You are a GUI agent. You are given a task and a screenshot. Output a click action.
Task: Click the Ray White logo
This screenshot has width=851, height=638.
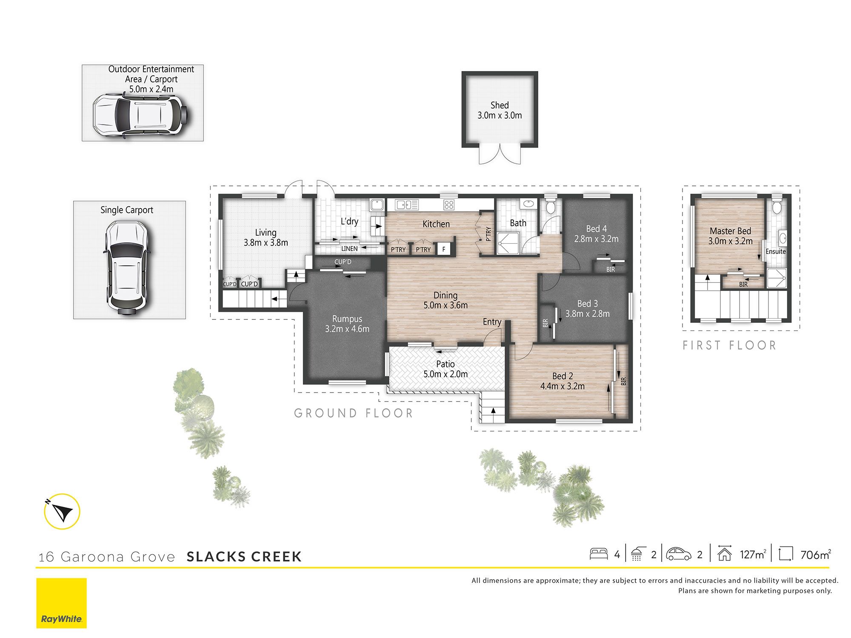pos(61,603)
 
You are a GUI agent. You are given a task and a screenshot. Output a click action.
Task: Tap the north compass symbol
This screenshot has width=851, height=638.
pos(62,511)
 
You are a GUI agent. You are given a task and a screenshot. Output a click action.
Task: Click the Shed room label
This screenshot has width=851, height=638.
pos(500,105)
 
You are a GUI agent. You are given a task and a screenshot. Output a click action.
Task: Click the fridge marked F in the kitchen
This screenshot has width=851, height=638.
pos(443,249)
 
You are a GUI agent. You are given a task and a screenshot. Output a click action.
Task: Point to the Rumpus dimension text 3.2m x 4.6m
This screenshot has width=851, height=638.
pos(347,329)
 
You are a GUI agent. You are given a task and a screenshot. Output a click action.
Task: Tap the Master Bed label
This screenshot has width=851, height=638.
pos(731,231)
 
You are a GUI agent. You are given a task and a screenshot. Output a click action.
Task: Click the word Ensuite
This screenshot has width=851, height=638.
pos(776,251)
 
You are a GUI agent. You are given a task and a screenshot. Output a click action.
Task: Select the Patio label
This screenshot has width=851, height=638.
pos(445,364)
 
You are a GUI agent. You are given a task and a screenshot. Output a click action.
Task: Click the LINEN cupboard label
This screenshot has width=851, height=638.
pos(349,249)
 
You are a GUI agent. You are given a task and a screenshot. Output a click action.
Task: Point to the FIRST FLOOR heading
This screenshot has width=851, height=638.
pos(730,345)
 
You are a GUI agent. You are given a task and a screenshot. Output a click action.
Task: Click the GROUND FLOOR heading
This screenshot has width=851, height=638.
pos(354,413)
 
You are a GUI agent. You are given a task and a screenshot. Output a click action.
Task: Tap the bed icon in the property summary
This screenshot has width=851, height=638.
pos(599,554)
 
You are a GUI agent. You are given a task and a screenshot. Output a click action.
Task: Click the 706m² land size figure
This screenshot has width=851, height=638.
pos(816,554)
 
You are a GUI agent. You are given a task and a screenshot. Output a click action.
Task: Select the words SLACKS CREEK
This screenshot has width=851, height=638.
pos(244,557)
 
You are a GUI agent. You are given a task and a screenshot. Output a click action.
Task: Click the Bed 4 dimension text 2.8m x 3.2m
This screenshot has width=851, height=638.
pos(597,239)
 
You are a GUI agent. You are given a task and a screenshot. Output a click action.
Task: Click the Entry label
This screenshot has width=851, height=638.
pos(492,322)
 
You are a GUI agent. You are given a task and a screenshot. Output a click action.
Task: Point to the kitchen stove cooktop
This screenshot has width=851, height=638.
pos(449,205)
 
